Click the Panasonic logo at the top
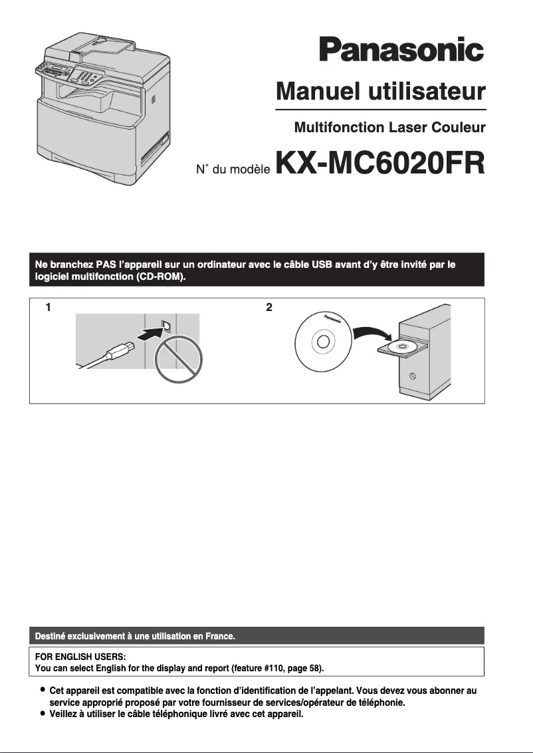point(401,51)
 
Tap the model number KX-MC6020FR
point(379,164)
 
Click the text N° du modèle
point(232,170)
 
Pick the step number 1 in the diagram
point(48,307)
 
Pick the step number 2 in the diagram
point(268,307)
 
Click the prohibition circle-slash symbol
point(177,359)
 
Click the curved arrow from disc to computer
point(370,332)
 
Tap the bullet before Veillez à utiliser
point(43,714)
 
